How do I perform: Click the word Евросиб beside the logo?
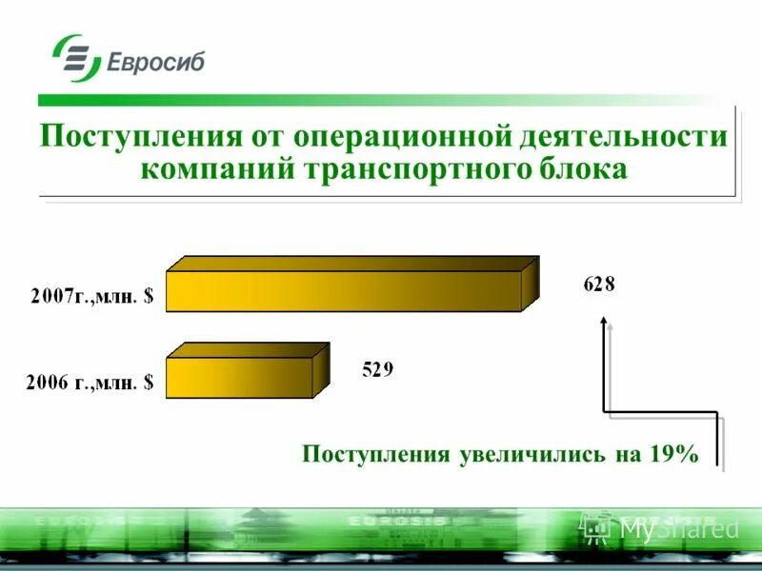click(x=156, y=61)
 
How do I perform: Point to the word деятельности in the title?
click(x=623, y=135)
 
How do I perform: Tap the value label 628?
click(x=598, y=285)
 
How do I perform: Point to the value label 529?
click(x=377, y=370)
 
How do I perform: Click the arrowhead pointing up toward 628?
click(x=604, y=322)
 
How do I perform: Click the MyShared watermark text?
click(x=678, y=529)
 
